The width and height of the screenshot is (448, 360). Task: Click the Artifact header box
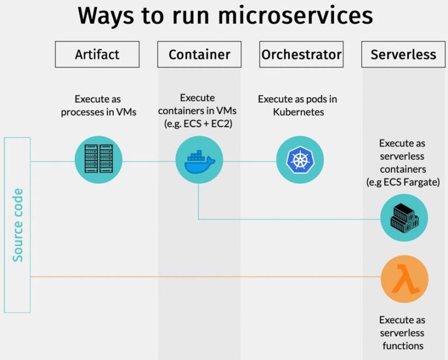[x=97, y=55]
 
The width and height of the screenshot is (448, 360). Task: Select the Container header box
[x=199, y=55]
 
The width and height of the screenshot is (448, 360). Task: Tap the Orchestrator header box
[x=301, y=55]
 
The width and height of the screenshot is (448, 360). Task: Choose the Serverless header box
[x=403, y=55]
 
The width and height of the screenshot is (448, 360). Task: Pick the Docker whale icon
[x=199, y=160]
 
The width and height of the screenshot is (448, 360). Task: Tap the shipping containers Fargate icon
[x=404, y=218]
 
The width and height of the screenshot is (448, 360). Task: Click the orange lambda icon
[x=404, y=279]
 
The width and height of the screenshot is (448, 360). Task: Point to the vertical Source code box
[x=17, y=225]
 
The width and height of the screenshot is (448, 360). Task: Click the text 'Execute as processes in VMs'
[x=99, y=106]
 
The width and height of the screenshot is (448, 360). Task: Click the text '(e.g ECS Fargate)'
[x=402, y=182]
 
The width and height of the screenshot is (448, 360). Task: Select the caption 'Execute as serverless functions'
[x=402, y=333]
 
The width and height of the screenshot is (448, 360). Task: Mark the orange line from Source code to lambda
[x=204, y=277]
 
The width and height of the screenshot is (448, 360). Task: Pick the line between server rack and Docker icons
[x=149, y=161]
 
